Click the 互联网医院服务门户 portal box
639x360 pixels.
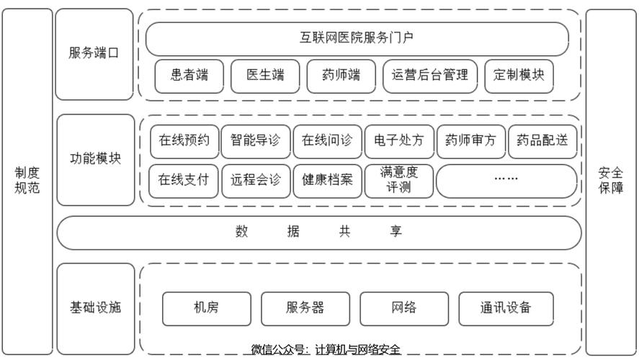(x=357, y=39)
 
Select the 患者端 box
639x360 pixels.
(x=189, y=76)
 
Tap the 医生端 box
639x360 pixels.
(x=264, y=76)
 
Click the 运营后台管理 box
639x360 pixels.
(x=429, y=76)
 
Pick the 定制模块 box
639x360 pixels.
(x=519, y=76)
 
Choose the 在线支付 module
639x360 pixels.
(x=184, y=181)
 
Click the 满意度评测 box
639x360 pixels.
(x=398, y=181)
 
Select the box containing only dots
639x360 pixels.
(x=506, y=181)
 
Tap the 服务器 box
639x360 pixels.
(x=305, y=308)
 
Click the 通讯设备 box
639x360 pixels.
(x=506, y=308)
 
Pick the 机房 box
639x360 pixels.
(x=207, y=308)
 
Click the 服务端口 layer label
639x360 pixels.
(x=94, y=54)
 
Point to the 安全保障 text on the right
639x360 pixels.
(x=611, y=181)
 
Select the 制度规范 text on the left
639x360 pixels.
(x=27, y=181)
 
